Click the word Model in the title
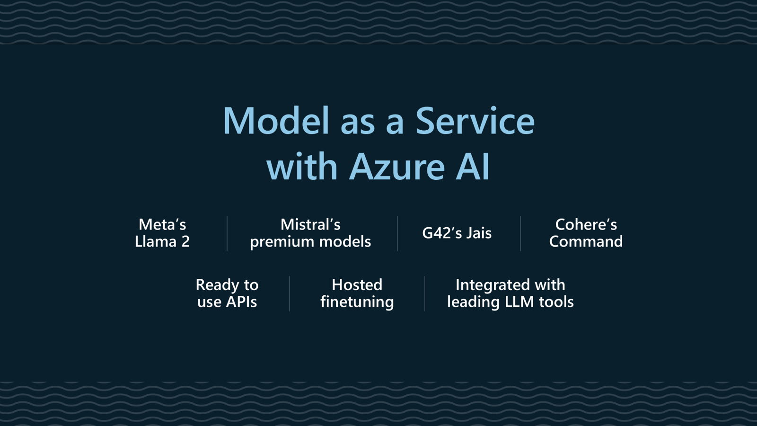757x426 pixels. tap(276, 121)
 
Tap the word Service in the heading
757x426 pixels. tap(475, 121)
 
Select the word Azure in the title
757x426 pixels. tap(397, 167)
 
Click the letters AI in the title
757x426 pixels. tap(473, 167)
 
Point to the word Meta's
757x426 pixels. tap(162, 224)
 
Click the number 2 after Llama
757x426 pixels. tap(185, 242)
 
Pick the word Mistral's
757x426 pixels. tap(310, 224)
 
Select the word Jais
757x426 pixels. tap(479, 233)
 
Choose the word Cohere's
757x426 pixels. tap(586, 224)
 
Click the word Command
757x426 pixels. tap(586, 242)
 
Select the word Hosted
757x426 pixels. tap(357, 285)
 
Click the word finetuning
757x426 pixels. tap(357, 302)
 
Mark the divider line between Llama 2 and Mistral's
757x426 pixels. tap(227, 233)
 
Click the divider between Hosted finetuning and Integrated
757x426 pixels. tap(424, 293)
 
